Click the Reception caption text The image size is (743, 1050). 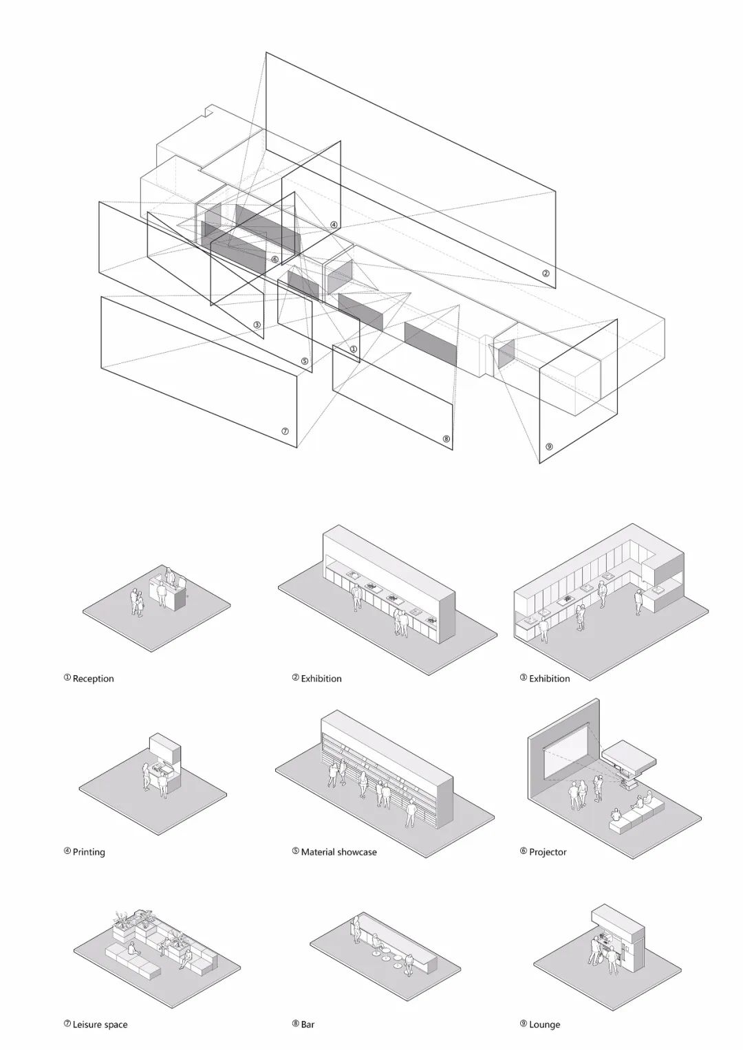[93, 679]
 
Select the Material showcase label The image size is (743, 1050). [338, 852]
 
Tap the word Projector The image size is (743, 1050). [548, 852]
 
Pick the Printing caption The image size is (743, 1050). [89, 852]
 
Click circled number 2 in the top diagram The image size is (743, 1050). [545, 273]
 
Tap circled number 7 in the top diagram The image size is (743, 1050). [285, 431]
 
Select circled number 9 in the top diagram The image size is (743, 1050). [549, 447]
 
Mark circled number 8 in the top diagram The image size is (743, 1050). [446, 439]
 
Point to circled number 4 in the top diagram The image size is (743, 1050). [334, 225]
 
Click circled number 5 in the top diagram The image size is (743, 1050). [304, 361]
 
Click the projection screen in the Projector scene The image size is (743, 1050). [566, 755]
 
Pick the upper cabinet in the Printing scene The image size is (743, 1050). [164, 749]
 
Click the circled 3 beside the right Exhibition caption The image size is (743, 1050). [524, 678]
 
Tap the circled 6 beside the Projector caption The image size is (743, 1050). [524, 851]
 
